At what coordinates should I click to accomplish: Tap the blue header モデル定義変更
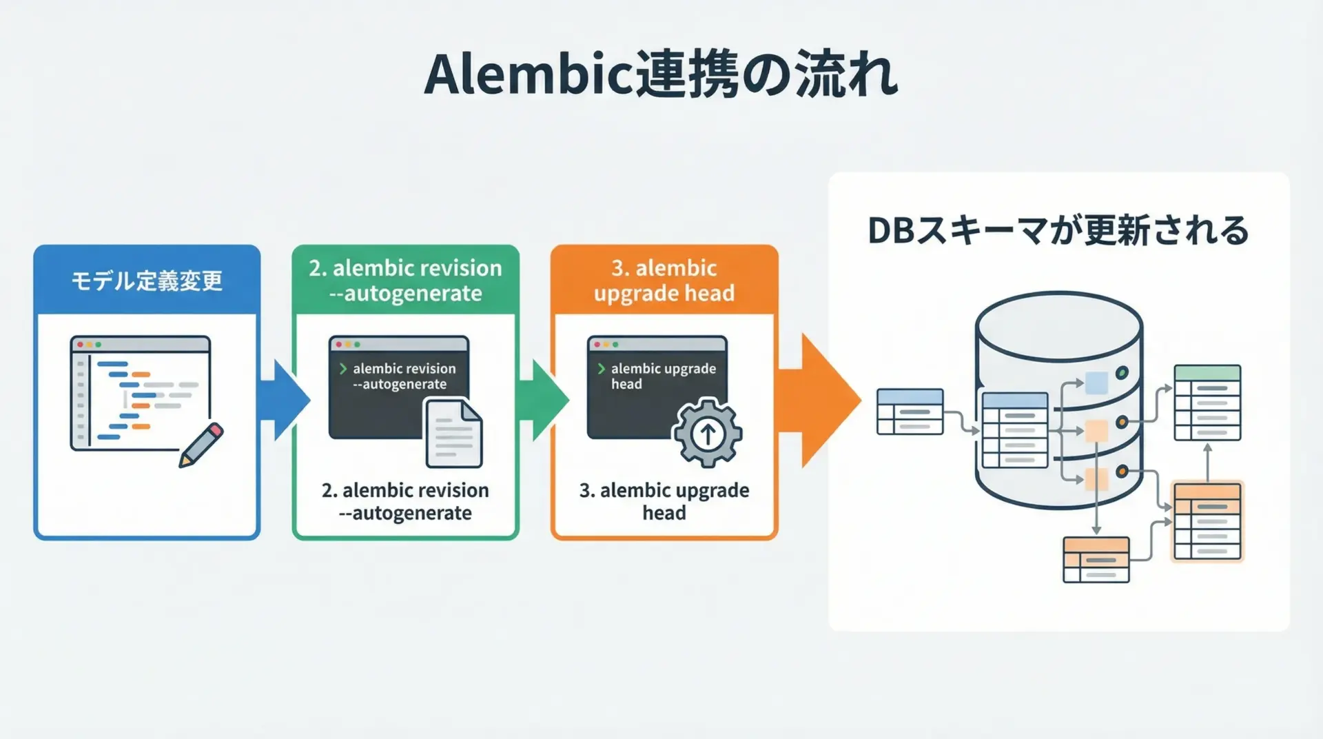(147, 281)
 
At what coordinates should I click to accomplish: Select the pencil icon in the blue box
(201, 445)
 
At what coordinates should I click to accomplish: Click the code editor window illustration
(140, 393)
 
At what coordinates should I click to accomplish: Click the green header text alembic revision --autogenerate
(405, 281)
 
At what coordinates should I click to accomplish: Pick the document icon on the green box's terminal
(453, 434)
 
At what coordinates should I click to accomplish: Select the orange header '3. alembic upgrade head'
(664, 281)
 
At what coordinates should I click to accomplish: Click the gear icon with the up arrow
(707, 434)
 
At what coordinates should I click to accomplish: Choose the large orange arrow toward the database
(820, 401)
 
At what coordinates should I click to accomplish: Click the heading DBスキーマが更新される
(1058, 231)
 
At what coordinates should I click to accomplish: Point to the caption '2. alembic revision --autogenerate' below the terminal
(405, 501)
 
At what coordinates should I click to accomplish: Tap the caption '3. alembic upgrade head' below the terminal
(664, 501)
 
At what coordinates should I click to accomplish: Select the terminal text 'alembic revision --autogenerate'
(404, 376)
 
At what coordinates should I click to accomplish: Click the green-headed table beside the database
(1207, 403)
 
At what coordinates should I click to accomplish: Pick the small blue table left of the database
(910, 412)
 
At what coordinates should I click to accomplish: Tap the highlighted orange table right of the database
(1207, 521)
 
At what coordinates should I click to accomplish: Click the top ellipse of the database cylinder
(1059, 326)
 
